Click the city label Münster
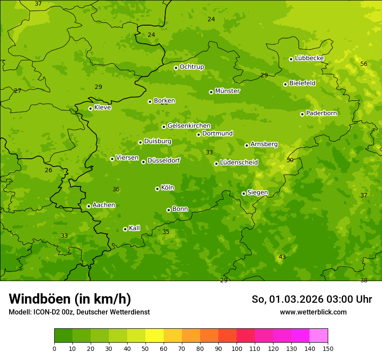(227, 91)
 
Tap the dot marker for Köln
(157, 189)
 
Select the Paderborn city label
(321, 113)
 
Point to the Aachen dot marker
(89, 206)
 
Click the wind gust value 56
(364, 64)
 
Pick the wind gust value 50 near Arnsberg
(290, 160)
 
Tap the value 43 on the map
(282, 257)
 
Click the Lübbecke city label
(309, 58)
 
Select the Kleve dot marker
(90, 108)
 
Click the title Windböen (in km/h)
(70, 299)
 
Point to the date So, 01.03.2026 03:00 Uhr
(312, 299)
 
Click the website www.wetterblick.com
(313, 312)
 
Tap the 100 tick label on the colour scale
(237, 348)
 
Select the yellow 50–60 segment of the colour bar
(155, 336)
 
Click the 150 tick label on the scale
(328, 348)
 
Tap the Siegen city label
(257, 193)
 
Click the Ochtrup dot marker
(176, 68)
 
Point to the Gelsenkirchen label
(189, 126)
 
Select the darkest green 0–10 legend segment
(63, 336)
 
